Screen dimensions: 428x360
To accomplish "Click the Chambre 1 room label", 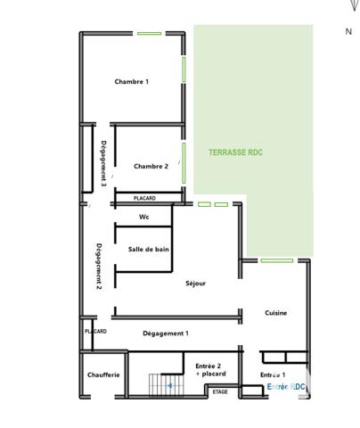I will point(132,81).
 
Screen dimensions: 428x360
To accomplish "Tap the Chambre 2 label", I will point(151,166).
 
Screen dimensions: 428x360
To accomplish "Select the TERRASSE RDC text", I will point(235,152).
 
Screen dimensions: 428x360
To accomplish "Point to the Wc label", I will point(143,217).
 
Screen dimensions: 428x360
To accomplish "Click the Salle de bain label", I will point(149,250).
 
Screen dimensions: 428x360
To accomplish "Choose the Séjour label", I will point(195,284).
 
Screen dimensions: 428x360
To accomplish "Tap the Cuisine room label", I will point(275,313).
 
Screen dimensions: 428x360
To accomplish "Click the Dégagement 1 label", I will point(166,333).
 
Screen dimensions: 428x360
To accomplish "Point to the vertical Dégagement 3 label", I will point(104,163).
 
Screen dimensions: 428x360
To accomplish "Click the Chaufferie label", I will point(103,374).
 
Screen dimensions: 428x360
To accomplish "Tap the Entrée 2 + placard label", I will point(210,369).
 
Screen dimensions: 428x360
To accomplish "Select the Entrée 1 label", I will point(273,375).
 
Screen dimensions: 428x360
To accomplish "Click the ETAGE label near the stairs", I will point(220,392).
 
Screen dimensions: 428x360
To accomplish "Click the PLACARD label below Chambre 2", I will point(144,198).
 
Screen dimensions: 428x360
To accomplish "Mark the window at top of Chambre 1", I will point(149,34).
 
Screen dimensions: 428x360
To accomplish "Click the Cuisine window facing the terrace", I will point(276,260).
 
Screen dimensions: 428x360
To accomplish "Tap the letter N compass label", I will point(348,31).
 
